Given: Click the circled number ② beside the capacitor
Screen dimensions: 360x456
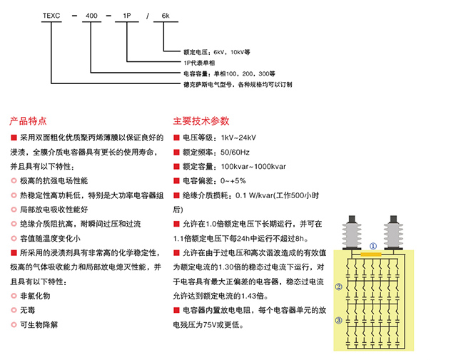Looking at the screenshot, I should [x=340, y=287].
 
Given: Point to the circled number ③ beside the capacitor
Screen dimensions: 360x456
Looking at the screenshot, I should [x=340, y=321].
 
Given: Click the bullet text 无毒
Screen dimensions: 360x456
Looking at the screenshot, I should [x=26, y=310].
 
